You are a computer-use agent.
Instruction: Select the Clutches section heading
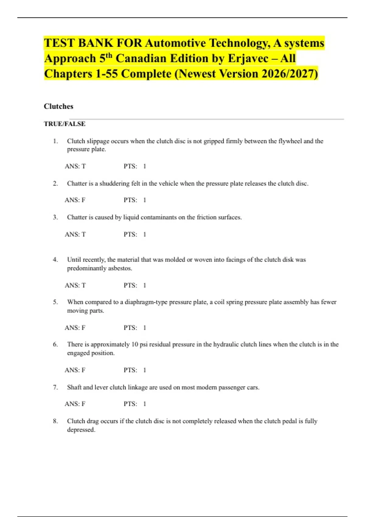pos(58,106)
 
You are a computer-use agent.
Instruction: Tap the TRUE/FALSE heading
pos(64,124)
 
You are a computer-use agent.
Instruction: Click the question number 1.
pos(55,141)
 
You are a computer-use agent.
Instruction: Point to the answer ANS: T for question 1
pos(75,166)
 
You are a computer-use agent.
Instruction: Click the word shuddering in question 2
pos(114,183)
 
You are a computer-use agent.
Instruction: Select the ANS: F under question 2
pos(75,200)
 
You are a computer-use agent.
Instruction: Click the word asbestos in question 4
pos(120,268)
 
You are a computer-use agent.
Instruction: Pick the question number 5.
pos(55,302)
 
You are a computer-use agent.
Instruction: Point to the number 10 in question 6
pos(134,344)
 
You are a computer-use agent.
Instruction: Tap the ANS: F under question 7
pos(75,404)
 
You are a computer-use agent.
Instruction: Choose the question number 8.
pos(55,421)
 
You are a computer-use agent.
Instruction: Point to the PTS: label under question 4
pos(130,285)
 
